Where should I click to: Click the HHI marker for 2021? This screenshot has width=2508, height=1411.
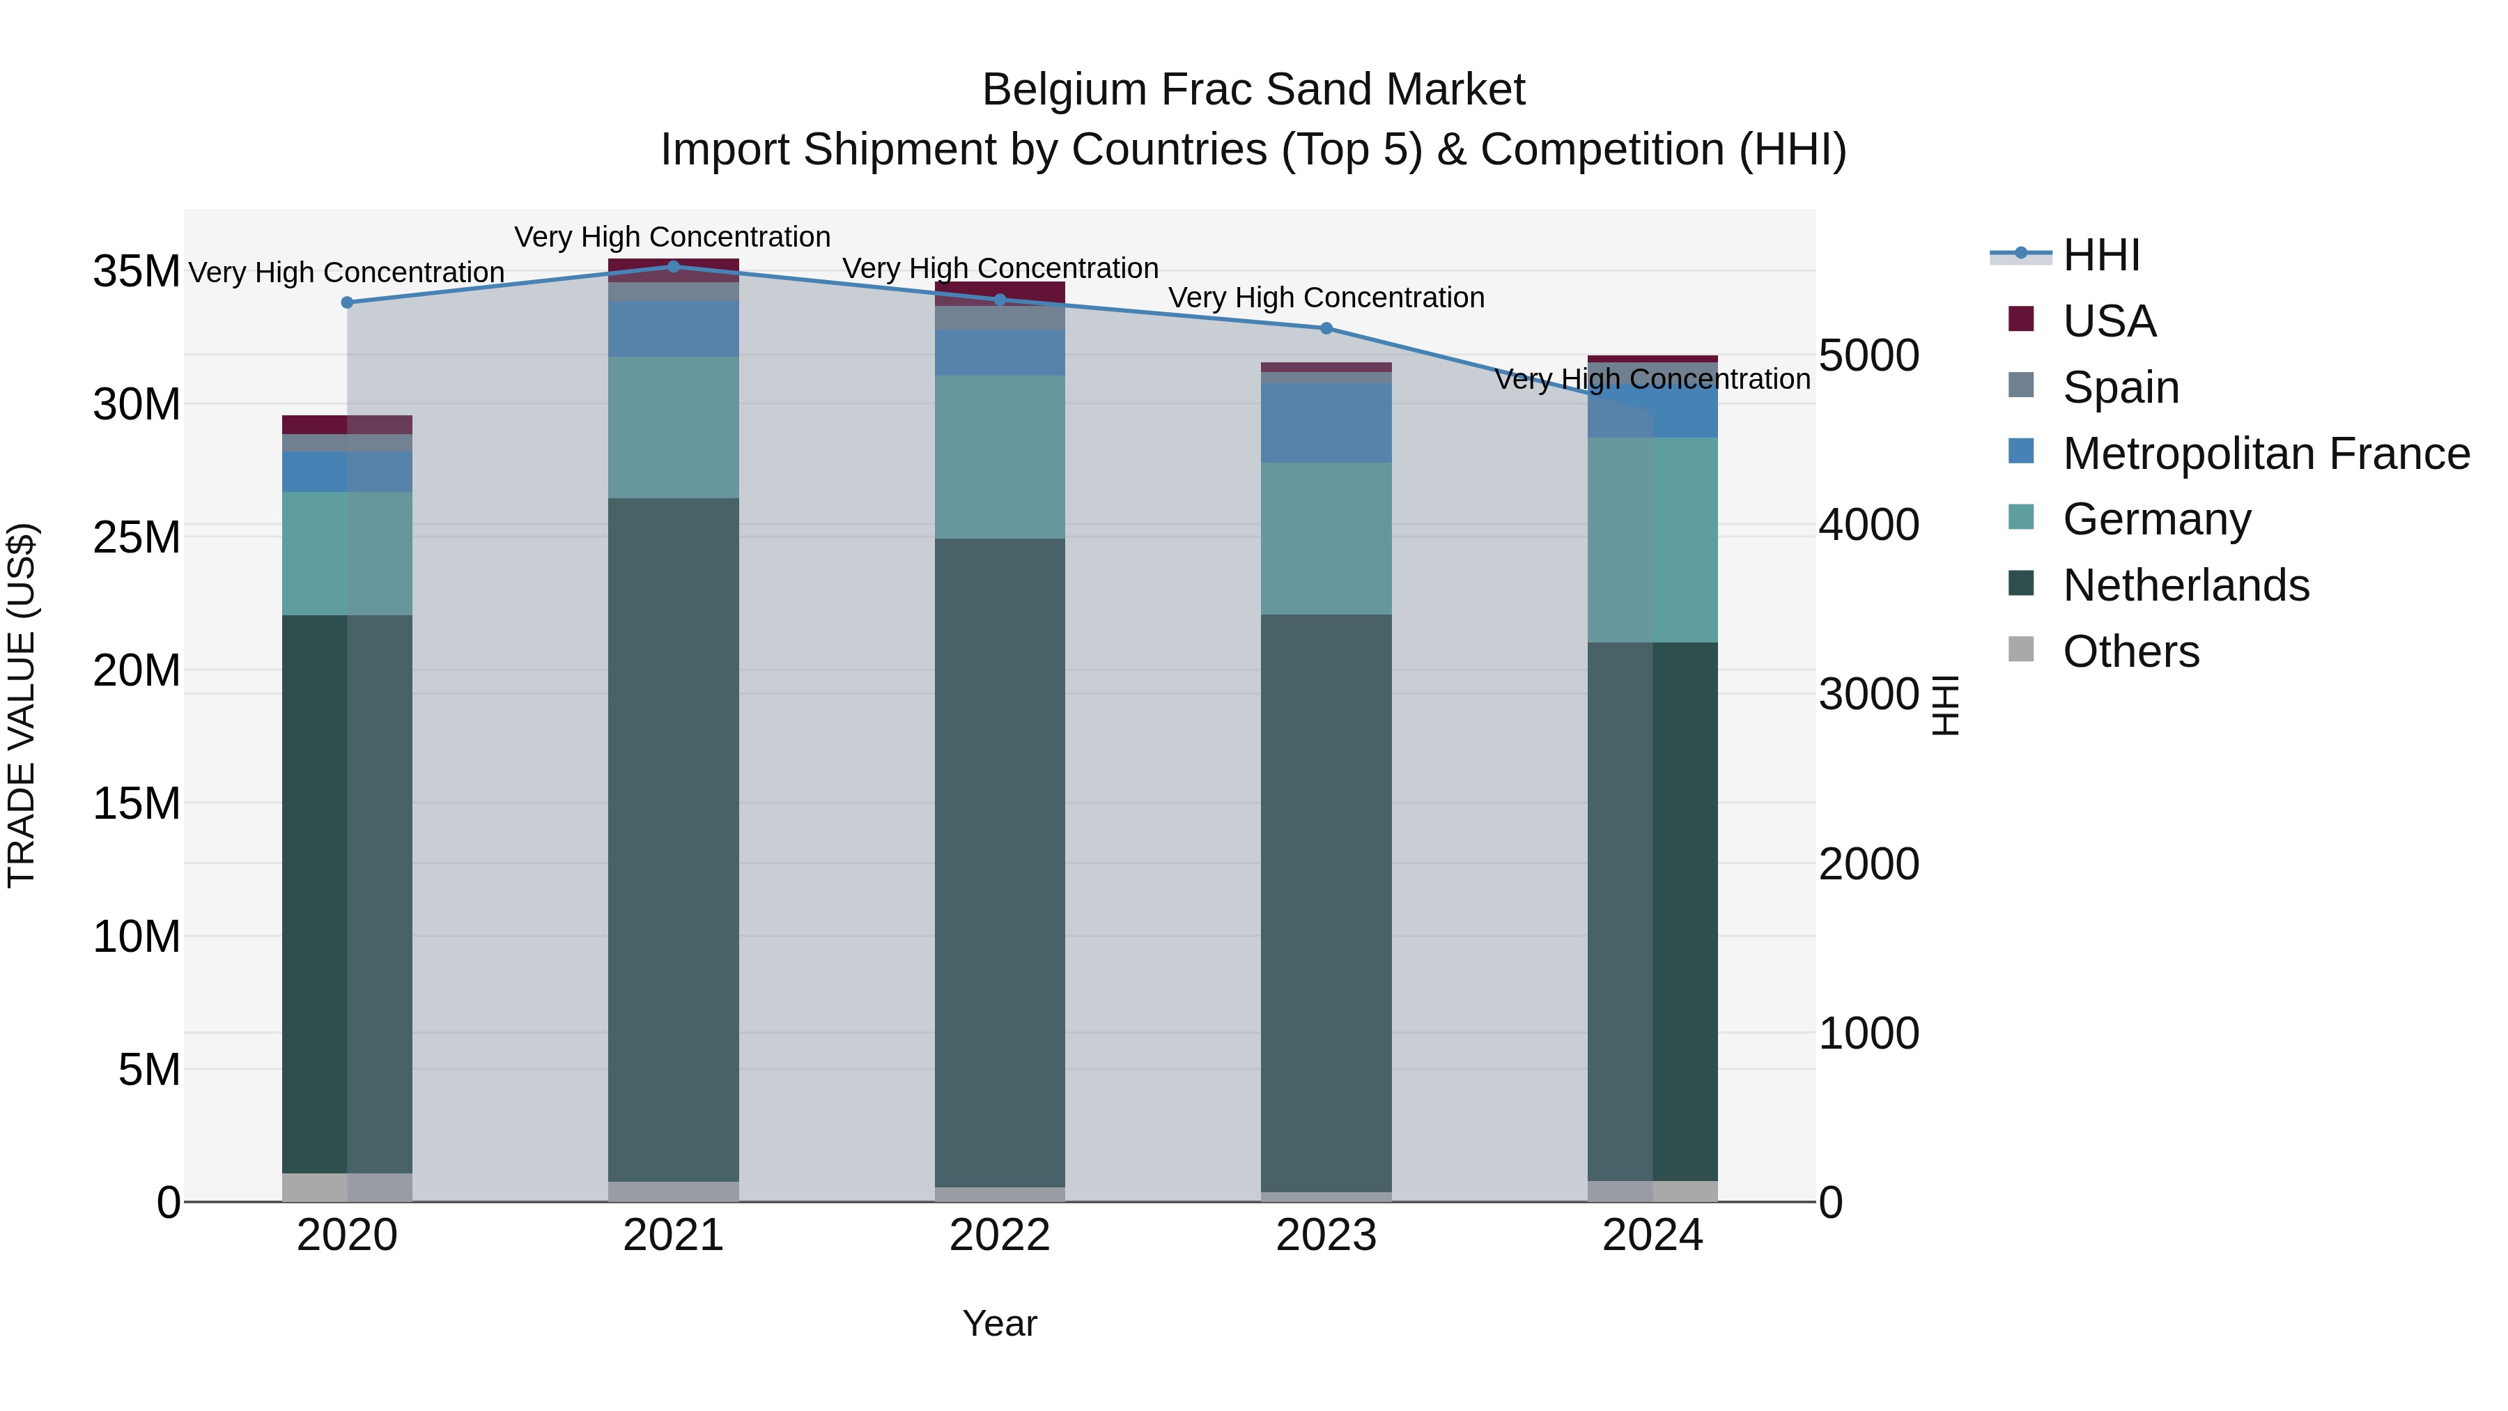tap(673, 267)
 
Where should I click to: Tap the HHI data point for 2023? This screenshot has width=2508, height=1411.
tap(1326, 328)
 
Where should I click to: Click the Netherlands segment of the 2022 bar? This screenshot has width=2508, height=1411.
tap(1000, 862)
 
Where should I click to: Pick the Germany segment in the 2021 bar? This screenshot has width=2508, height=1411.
tap(673, 428)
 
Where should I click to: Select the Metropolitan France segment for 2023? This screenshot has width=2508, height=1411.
tap(1326, 423)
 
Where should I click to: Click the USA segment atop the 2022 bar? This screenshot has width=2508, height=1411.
tap(1000, 292)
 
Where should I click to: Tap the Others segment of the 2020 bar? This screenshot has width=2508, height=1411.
tap(347, 1187)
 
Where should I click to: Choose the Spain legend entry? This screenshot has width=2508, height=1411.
tap(2121, 387)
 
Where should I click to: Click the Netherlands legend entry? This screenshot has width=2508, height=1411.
tap(2185, 585)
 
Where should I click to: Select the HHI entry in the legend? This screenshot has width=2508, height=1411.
tap(2101, 255)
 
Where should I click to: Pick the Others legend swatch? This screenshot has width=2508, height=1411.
tap(2021, 649)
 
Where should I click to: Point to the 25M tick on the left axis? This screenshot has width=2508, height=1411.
tap(137, 537)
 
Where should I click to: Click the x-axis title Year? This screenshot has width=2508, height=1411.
tap(1000, 1323)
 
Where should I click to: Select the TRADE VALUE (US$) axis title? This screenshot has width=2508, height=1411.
tap(22, 705)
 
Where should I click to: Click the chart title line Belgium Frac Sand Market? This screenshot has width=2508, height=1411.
tap(1253, 90)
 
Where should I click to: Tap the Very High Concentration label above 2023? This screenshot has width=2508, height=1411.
tap(1326, 298)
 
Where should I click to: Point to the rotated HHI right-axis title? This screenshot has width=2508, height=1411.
tap(1944, 705)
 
